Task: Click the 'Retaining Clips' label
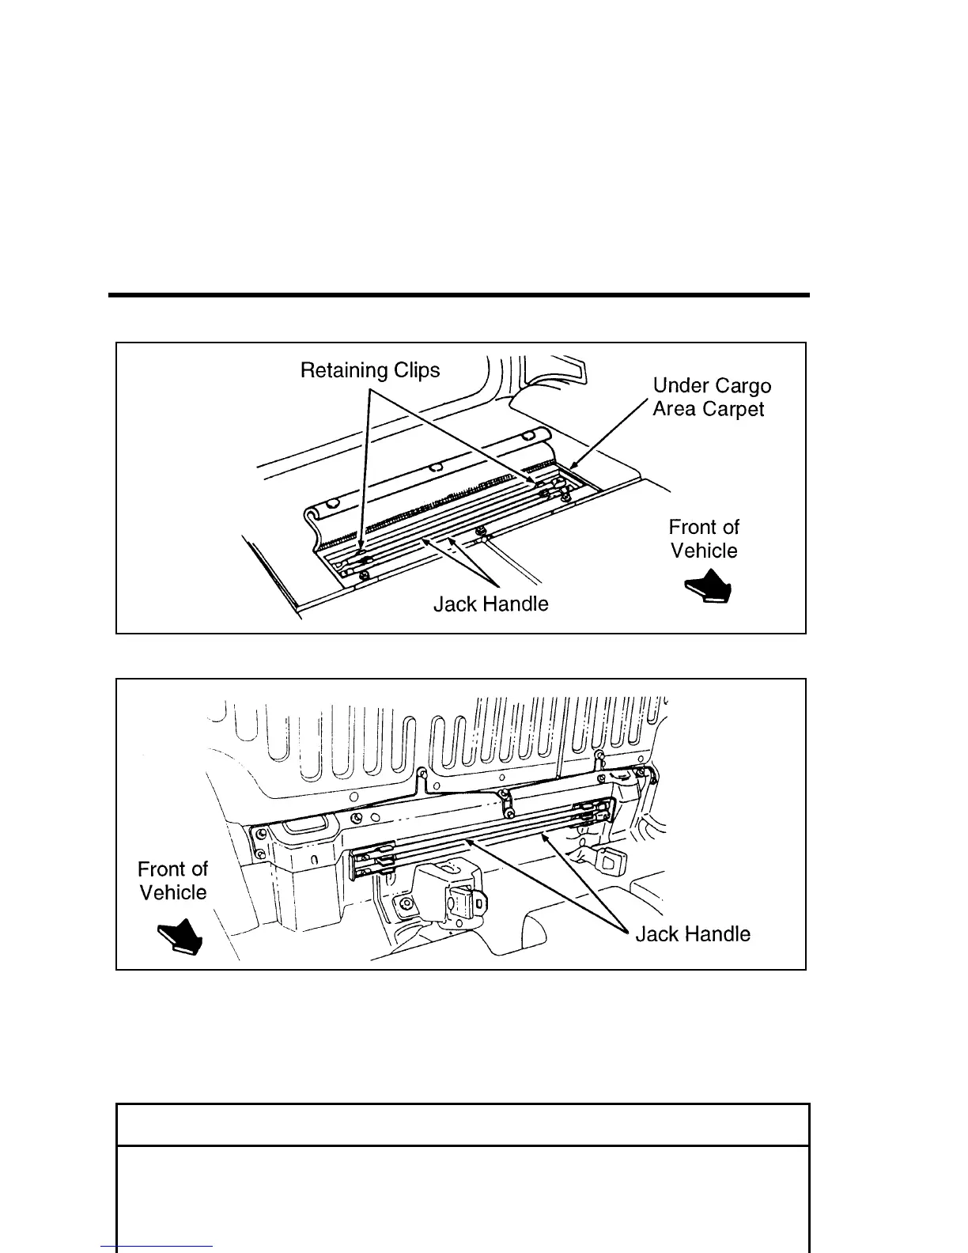tap(369, 370)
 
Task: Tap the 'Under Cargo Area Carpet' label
tap(711, 397)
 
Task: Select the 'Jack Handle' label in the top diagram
tap(490, 604)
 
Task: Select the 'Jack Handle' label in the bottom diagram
tap(693, 934)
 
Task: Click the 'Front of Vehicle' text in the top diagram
tap(704, 539)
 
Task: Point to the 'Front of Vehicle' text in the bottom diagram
tap(172, 880)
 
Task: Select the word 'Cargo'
tap(739, 386)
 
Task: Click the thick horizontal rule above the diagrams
tap(459, 296)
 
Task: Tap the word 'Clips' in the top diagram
tap(417, 370)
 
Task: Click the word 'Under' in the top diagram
tap(679, 386)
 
